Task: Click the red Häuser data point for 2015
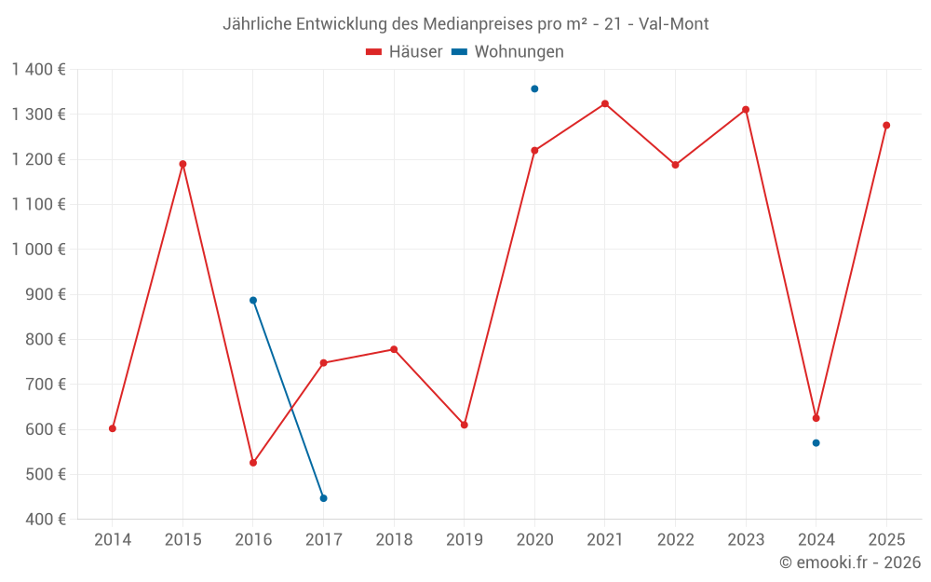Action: click(x=182, y=164)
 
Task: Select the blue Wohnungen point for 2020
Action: click(x=534, y=88)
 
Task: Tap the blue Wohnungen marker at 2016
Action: click(x=253, y=300)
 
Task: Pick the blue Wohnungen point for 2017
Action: click(x=323, y=498)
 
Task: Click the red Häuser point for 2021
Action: click(x=605, y=103)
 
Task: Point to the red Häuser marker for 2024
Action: click(x=816, y=418)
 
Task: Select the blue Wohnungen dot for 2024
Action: click(x=816, y=442)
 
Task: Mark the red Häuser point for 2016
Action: click(x=253, y=463)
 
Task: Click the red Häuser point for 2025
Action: click(x=886, y=125)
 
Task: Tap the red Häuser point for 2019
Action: click(x=465, y=425)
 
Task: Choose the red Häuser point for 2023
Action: click(x=746, y=109)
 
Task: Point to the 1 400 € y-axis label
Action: click(x=38, y=69)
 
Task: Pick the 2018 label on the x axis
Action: click(x=394, y=539)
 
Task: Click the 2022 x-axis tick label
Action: click(x=675, y=539)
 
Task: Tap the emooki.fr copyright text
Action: click(x=850, y=562)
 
